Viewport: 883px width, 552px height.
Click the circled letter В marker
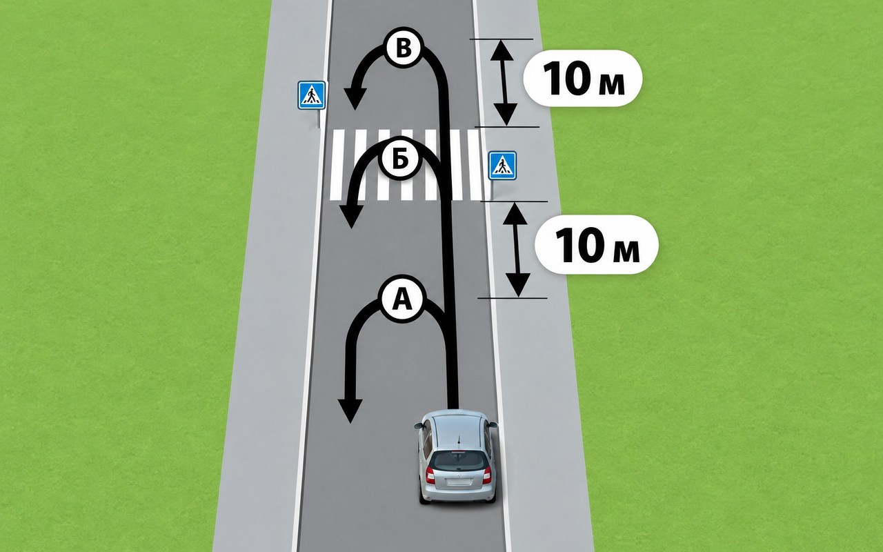click(404, 48)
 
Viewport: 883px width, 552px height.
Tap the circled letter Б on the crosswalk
click(400, 159)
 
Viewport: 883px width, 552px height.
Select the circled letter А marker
click(402, 300)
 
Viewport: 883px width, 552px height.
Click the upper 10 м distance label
click(583, 79)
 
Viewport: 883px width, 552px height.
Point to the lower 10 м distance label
click(597, 245)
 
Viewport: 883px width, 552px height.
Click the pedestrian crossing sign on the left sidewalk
click(311, 95)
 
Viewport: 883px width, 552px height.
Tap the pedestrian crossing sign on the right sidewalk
click(503, 166)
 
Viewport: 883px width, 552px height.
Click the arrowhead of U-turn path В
click(355, 98)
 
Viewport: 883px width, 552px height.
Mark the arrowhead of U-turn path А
click(350, 411)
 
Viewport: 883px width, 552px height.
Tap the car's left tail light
click(430, 475)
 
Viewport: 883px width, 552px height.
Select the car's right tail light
click(487, 475)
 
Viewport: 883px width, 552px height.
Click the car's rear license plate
click(459, 482)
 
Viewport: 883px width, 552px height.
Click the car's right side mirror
click(493, 424)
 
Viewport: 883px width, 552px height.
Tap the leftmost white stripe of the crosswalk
click(336, 165)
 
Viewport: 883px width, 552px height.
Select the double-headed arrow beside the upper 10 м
click(504, 83)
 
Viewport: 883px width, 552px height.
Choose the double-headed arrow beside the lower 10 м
click(517, 250)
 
